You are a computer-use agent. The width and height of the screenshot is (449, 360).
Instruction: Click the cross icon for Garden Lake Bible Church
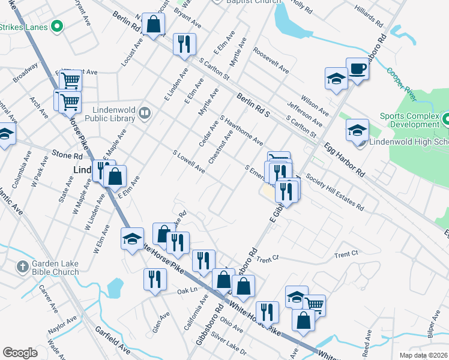click(22, 266)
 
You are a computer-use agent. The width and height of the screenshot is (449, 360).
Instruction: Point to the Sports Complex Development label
click(409, 119)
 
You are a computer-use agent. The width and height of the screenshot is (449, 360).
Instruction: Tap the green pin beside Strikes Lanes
click(57, 26)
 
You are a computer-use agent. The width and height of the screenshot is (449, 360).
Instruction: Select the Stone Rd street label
click(66, 154)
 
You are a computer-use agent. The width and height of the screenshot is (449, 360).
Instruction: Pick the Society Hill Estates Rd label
click(334, 192)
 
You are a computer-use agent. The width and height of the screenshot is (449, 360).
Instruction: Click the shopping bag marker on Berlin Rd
click(154, 26)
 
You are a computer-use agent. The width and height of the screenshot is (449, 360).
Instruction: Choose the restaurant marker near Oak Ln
click(155, 279)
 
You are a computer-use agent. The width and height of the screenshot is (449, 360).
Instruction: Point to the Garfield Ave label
click(112, 340)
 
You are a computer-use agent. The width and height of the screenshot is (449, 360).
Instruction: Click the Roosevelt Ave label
click(271, 61)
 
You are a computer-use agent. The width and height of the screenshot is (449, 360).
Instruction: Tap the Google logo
click(20, 352)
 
